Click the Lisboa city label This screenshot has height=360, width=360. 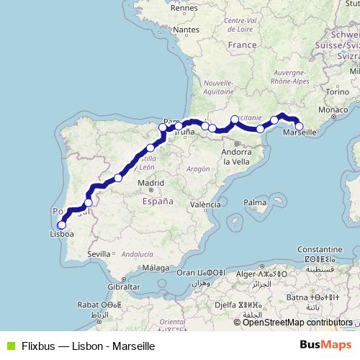coord(61,234)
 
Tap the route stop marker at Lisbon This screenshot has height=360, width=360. coord(61,225)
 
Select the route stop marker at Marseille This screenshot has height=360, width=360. coord(299,127)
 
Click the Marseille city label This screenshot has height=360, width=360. coord(302,134)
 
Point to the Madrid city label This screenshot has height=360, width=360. coord(151,184)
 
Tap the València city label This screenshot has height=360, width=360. coord(205,204)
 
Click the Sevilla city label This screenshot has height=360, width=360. coord(99,254)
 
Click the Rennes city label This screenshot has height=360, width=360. coord(184,8)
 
